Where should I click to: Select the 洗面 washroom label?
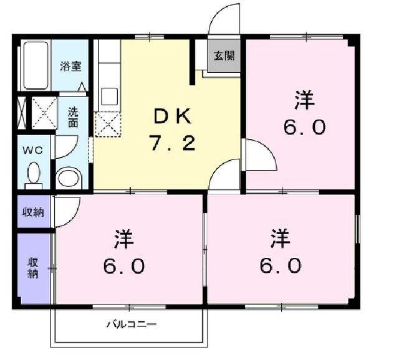click(74, 118)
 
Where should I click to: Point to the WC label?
click(32, 150)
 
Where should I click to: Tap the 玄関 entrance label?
click(224, 56)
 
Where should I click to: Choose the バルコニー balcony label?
click(131, 324)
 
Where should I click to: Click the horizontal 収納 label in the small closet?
click(34, 212)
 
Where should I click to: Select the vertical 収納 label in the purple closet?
click(34, 268)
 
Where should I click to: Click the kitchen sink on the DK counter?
click(108, 96)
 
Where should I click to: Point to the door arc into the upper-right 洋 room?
click(260, 156)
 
